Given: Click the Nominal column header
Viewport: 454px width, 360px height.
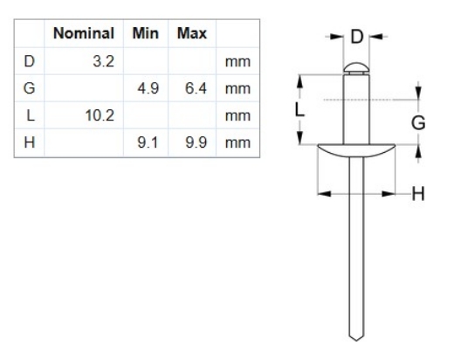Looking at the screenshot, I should coord(84,35).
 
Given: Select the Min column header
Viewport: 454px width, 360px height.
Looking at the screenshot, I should coord(145,35).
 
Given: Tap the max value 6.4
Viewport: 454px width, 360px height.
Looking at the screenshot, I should coord(195,89).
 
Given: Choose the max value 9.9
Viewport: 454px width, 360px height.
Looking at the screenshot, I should coord(195,142).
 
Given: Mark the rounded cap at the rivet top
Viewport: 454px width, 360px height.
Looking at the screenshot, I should coord(356,66).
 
